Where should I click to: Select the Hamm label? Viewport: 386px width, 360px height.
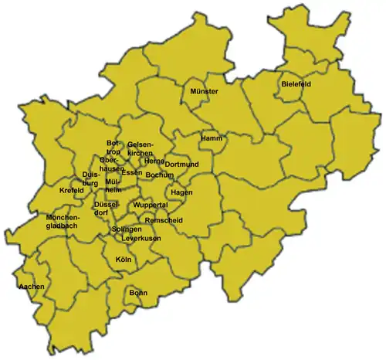pyautogui.click(x=211, y=138)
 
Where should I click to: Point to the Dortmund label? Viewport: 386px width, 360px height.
pyautogui.click(x=183, y=165)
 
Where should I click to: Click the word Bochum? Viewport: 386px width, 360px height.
pyautogui.click(x=159, y=175)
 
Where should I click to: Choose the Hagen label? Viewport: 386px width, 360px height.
pyautogui.click(x=182, y=192)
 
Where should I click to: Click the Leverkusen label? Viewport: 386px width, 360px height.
pyautogui.click(x=141, y=239)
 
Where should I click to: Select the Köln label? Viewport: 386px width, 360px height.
pyautogui.click(x=124, y=260)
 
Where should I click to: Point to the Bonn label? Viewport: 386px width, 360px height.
pyautogui.click(x=138, y=293)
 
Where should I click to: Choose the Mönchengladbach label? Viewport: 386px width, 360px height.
pyautogui.click(x=63, y=222)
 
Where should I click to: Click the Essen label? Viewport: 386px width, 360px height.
pyautogui.click(x=131, y=173)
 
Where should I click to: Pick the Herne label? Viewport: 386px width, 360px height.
pyautogui.click(x=154, y=161)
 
